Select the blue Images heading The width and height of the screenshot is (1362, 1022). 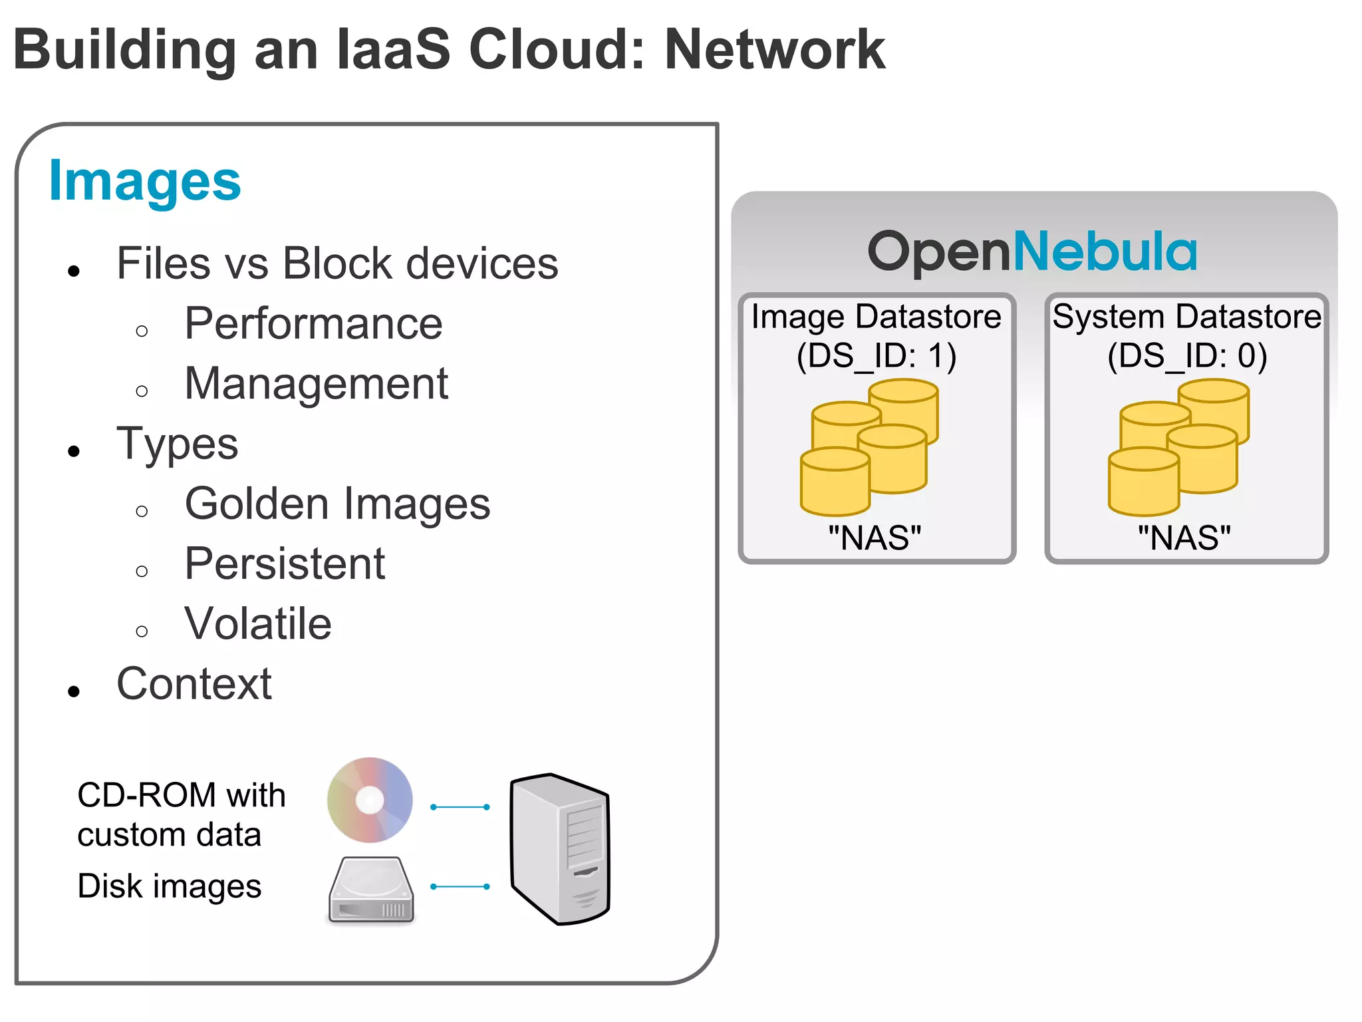pyautogui.click(x=145, y=181)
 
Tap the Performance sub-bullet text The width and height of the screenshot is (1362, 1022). pyautogui.click(x=313, y=324)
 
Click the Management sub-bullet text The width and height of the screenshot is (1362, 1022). pyautogui.click(x=316, y=384)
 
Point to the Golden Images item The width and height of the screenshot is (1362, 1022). pyautogui.click(x=337, y=504)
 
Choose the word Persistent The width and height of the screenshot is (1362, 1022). pyautogui.click(x=285, y=564)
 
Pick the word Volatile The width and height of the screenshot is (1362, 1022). pyautogui.click(x=258, y=624)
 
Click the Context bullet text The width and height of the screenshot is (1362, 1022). pyautogui.click(x=194, y=684)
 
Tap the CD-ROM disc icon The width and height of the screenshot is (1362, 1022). pyautogui.click(x=370, y=800)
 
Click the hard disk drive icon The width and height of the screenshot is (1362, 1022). pyautogui.click(x=371, y=890)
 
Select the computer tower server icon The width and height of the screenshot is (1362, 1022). pyautogui.click(x=560, y=848)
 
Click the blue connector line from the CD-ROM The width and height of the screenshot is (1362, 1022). pyautogui.click(x=460, y=807)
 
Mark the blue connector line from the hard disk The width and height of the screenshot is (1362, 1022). pyautogui.click(x=460, y=886)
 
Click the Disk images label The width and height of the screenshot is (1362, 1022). pyautogui.click(x=169, y=886)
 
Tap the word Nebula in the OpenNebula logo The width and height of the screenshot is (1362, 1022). pyautogui.click(x=1104, y=252)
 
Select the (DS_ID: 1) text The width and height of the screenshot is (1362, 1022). pyautogui.click(x=876, y=356)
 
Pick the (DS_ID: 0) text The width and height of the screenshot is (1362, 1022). pyautogui.click(x=1186, y=356)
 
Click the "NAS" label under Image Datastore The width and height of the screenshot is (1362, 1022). pyautogui.click(x=875, y=538)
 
